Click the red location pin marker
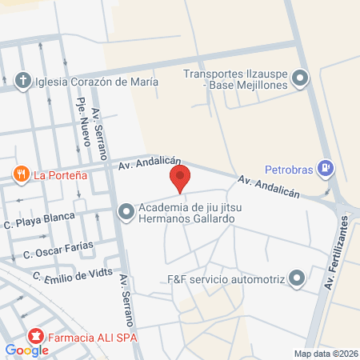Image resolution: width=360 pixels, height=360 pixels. pyautogui.click(x=180, y=178)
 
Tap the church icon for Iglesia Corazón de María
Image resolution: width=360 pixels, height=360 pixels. pyautogui.click(x=24, y=81)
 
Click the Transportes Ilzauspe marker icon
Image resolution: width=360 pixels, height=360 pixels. pyautogui.click(x=300, y=78)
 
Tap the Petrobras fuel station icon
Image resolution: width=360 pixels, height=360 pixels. pyautogui.click(x=326, y=168)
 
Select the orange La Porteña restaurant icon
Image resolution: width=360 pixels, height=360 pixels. pyautogui.click(x=20, y=174)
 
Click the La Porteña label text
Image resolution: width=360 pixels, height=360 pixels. pyautogui.click(x=60, y=174)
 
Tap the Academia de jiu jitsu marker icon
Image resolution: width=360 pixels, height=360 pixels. pyautogui.click(x=126, y=212)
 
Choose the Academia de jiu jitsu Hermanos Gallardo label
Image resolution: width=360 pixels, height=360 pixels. pyautogui.click(x=186, y=212)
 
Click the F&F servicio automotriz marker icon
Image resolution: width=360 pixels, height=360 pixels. pyautogui.click(x=298, y=279)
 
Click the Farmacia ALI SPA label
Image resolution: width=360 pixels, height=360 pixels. pyautogui.click(x=92, y=338)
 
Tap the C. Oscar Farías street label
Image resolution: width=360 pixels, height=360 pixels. pyautogui.click(x=58, y=250)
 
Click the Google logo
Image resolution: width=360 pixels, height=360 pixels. pyautogui.click(x=26, y=350)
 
